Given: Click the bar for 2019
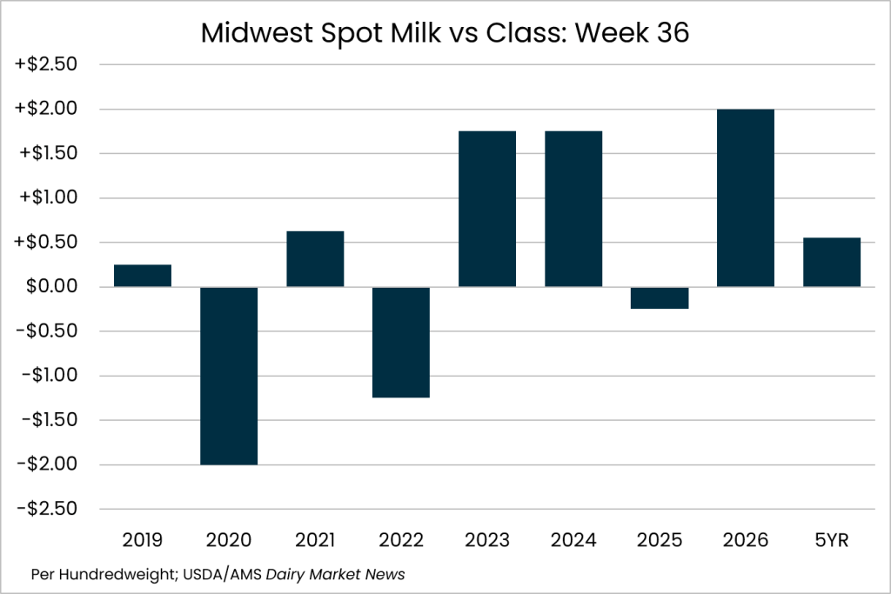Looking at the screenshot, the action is click(143, 276).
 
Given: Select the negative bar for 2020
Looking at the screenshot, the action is click(229, 376).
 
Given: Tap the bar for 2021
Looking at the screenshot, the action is click(315, 259).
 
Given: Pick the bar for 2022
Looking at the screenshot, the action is click(401, 343).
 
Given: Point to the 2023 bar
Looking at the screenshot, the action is click(487, 209).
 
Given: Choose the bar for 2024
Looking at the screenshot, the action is click(573, 209).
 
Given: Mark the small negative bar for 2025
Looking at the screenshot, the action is click(660, 297).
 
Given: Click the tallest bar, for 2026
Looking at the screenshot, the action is click(746, 197).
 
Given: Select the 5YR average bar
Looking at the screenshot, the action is click(832, 263).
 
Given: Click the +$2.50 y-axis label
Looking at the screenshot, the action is click(45, 64).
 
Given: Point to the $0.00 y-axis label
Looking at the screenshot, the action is click(51, 286).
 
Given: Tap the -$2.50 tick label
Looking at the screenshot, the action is click(47, 508).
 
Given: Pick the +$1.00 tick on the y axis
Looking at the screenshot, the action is click(49, 197).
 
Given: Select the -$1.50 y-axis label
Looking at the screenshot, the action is click(50, 420).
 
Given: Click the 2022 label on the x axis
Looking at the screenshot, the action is click(401, 540).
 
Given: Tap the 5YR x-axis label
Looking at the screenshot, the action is click(832, 540).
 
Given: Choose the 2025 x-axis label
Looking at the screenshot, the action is click(660, 540).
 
